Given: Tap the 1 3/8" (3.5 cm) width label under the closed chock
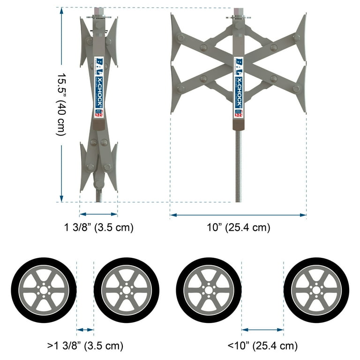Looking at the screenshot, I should tap(99, 228).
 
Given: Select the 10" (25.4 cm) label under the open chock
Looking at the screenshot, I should tap(239, 228).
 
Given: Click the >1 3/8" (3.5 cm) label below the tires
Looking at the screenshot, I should tap(85, 346).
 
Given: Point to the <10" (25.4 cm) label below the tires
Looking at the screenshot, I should tap(262, 346).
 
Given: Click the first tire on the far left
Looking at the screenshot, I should tap(44, 290).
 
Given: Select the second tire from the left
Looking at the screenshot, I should tap(127, 290).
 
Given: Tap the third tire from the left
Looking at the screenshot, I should tap(209, 290).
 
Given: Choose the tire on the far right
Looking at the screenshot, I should tap(316, 290).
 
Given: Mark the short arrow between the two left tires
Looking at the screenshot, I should tap(85, 330).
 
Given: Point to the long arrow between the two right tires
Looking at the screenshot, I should tap(262, 330).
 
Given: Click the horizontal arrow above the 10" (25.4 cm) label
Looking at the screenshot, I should tap(238, 215).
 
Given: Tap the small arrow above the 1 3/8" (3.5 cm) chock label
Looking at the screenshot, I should tap(98, 215).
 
